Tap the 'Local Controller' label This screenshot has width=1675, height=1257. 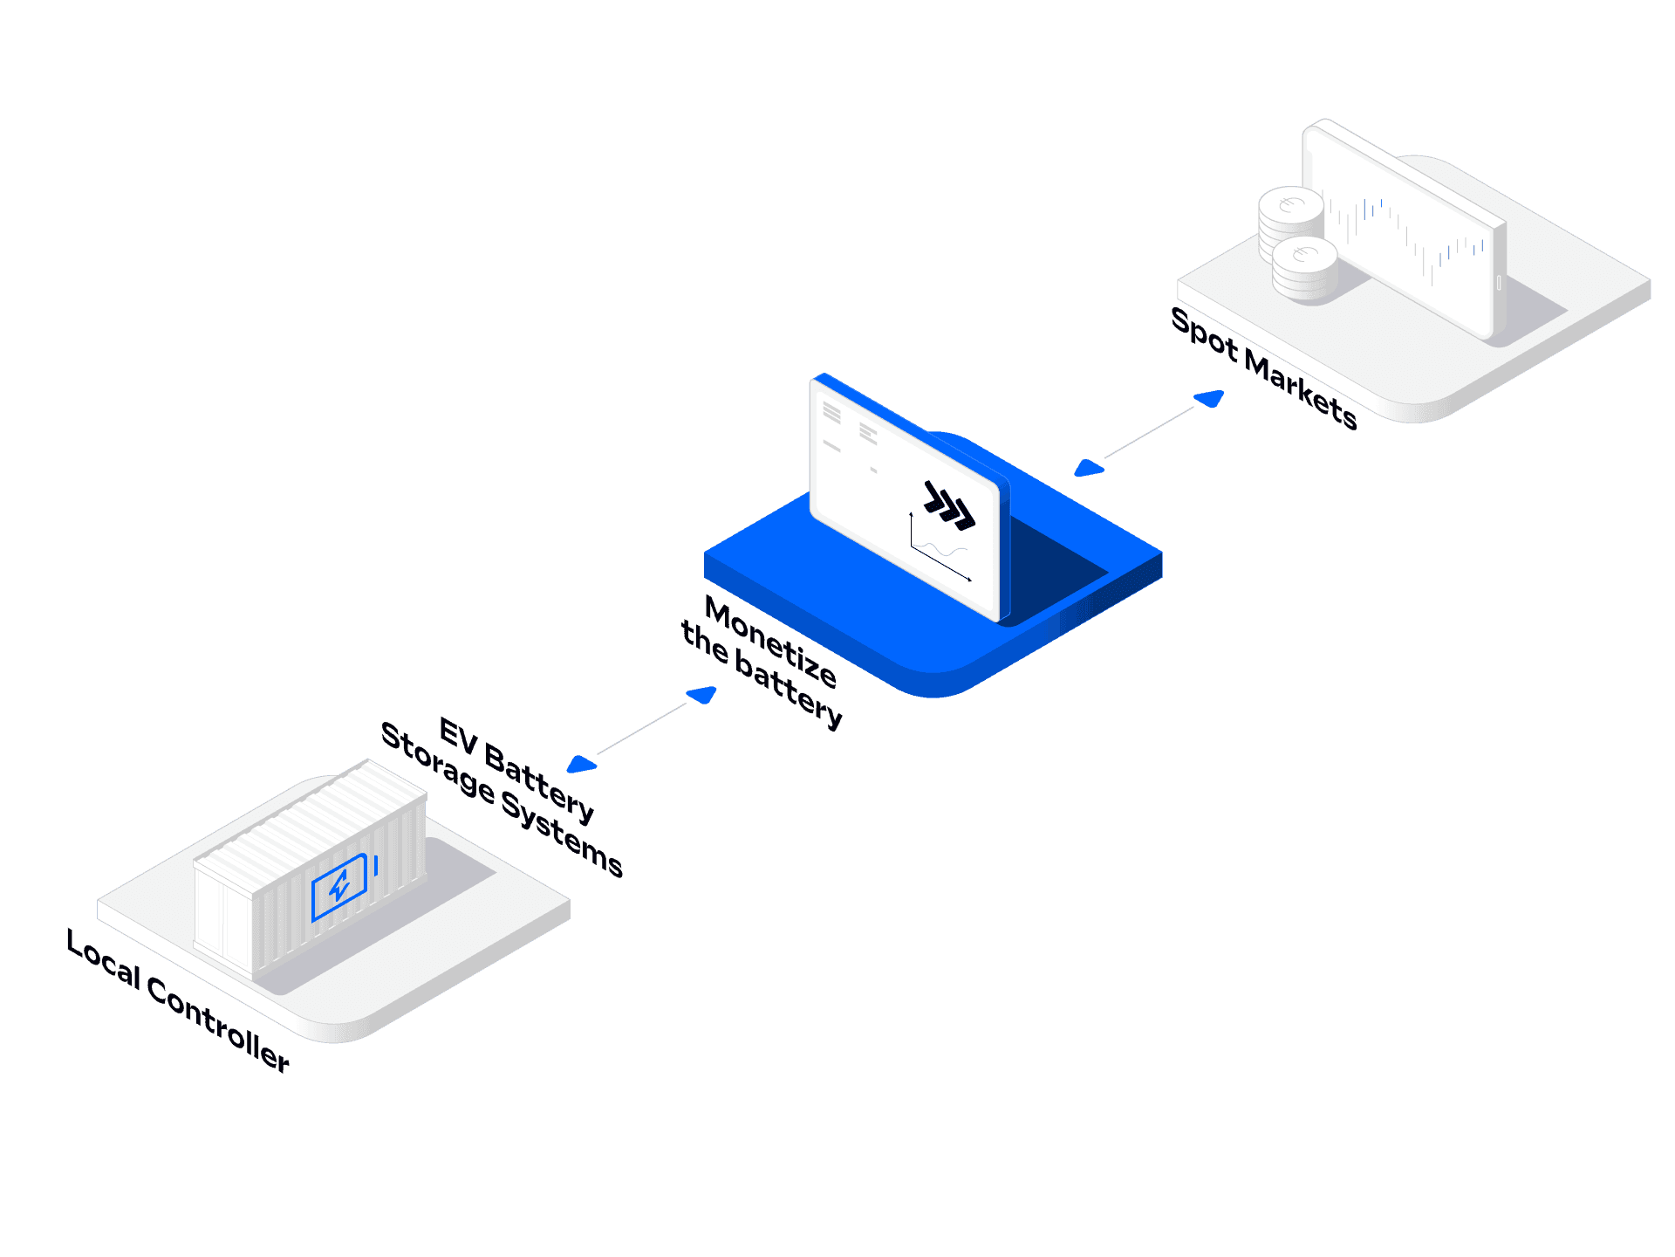click(178, 1000)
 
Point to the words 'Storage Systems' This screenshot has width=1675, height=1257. click(502, 799)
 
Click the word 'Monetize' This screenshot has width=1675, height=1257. click(770, 641)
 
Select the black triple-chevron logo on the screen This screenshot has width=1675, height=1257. click(949, 505)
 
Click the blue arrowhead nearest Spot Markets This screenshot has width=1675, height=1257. click(1209, 399)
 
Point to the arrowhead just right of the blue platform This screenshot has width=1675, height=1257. click(1088, 469)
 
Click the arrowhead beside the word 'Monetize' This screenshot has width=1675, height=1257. click(701, 695)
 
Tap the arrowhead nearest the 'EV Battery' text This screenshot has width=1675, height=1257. click(580, 765)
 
